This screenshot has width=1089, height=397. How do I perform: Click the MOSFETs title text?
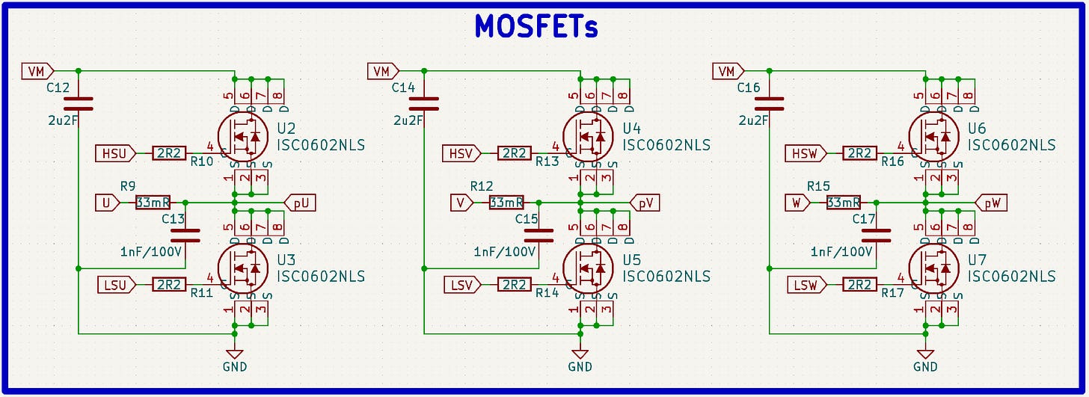tap(536, 28)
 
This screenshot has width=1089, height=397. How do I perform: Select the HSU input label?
tap(115, 153)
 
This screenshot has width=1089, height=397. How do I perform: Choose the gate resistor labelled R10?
tap(169, 153)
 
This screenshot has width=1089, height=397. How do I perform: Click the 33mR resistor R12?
tap(506, 203)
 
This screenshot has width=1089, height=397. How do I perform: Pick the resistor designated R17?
tap(860, 284)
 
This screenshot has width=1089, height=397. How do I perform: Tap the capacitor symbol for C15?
tap(538, 235)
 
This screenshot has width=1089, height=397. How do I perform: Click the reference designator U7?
tap(977, 259)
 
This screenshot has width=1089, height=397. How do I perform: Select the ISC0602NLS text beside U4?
tap(666, 145)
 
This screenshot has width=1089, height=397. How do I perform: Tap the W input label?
tap(797, 203)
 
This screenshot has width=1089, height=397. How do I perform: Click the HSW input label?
tap(806, 153)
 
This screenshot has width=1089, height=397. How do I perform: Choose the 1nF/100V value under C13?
tap(151, 252)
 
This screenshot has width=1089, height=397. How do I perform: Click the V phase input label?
tap(461, 203)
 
